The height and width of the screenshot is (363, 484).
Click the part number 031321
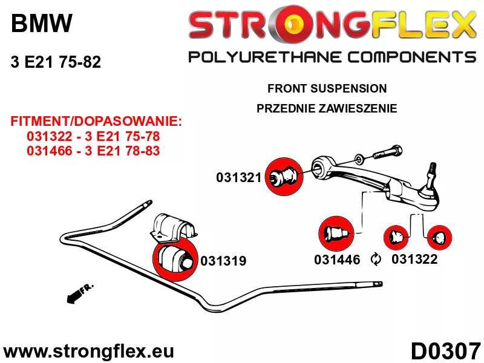[x=238, y=177]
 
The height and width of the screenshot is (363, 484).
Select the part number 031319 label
[x=223, y=261]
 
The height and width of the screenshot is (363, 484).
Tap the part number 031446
[x=337, y=260]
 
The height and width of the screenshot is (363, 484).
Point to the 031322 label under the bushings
[x=414, y=259]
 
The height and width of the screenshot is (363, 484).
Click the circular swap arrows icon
[x=376, y=260]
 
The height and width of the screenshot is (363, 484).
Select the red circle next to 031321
[x=284, y=176]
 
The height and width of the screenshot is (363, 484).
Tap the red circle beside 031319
[x=175, y=259]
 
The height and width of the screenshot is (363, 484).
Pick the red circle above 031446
[x=336, y=234]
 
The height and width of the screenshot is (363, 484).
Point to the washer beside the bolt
[x=359, y=159]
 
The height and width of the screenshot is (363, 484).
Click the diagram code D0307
[x=446, y=351]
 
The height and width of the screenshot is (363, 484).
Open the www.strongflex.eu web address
[x=88, y=352]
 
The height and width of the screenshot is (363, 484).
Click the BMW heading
[x=41, y=23]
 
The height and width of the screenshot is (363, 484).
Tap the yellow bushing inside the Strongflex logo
[x=294, y=24]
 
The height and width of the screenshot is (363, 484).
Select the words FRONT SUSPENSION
[x=327, y=88]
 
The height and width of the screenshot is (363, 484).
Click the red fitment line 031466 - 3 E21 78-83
[x=93, y=151]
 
